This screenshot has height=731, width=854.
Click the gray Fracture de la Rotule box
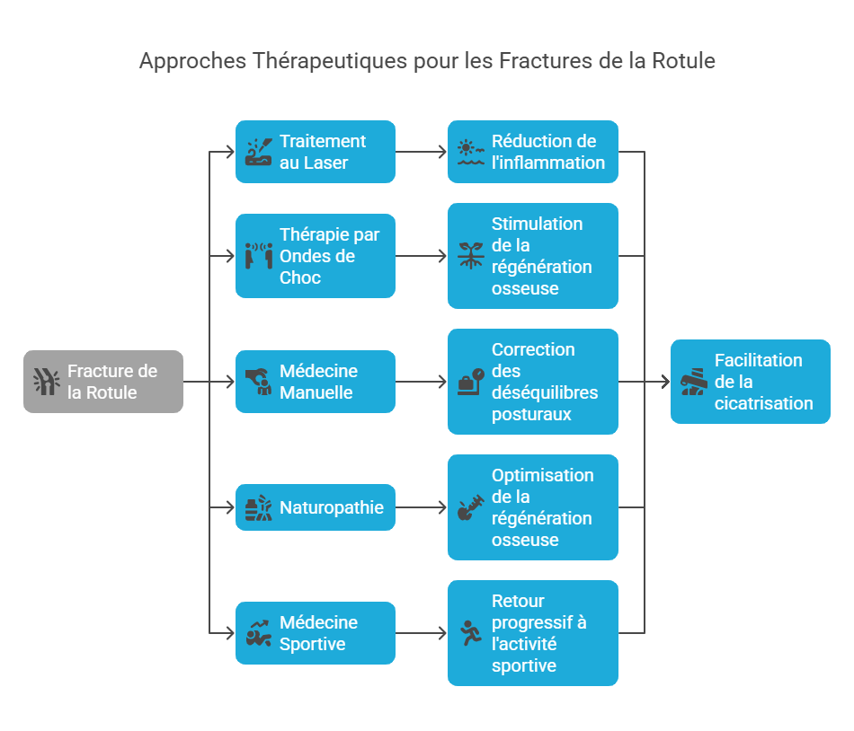[103, 382]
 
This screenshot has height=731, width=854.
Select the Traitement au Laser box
[315, 152]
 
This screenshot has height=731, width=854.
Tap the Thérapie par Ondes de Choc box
[315, 256]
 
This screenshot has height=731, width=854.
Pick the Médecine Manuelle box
[315, 382]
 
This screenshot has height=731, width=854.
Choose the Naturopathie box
[315, 507]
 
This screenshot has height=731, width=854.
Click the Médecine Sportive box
[315, 633]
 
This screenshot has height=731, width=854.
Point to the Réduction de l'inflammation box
[532, 152]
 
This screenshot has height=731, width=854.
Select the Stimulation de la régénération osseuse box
[532, 256]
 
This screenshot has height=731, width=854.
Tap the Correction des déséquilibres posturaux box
[532, 382]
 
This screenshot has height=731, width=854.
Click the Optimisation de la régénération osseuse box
[532, 507]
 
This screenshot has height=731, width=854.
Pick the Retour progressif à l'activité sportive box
[532, 633]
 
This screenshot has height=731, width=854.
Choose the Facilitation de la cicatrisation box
[750, 382]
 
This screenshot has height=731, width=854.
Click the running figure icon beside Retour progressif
[469, 633]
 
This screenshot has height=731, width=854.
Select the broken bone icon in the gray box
[46, 382]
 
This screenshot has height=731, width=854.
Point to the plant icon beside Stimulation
[469, 256]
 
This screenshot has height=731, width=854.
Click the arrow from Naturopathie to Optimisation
[421, 507]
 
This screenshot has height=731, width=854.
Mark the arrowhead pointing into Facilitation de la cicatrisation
[665, 382]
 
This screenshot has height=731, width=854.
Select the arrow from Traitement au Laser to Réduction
[421, 152]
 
